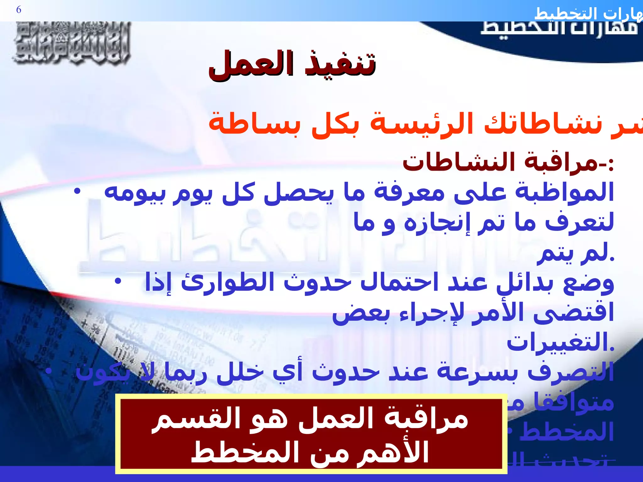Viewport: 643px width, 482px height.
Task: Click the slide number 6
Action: click(x=19, y=10)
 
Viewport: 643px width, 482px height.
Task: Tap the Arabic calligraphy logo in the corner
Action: click(x=72, y=43)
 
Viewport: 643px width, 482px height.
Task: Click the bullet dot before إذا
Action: click(x=117, y=281)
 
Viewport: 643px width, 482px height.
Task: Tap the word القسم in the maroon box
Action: click(x=185, y=419)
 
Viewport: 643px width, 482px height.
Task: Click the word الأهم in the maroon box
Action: click(x=396, y=452)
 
